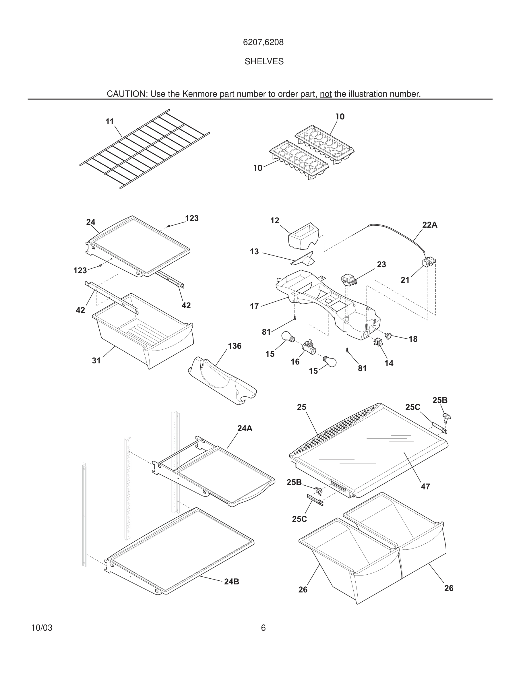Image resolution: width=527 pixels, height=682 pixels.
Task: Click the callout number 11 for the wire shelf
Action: [x=110, y=122]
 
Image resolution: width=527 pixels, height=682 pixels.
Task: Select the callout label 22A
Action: [x=430, y=225]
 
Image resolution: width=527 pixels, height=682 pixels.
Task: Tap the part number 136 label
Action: [x=235, y=346]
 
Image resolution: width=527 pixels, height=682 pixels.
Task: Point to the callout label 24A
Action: [x=245, y=429]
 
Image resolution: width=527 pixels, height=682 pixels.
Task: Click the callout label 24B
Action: [x=232, y=582]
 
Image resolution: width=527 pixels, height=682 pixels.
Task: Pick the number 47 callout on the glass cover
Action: [x=425, y=487]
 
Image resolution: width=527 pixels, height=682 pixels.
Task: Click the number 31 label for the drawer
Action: [x=96, y=361]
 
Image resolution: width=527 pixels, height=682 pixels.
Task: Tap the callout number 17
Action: [x=254, y=307]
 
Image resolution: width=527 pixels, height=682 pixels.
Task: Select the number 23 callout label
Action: [x=381, y=264]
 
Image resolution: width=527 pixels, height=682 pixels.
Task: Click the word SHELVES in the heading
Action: [x=264, y=61]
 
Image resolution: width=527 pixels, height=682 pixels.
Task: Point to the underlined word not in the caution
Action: [x=325, y=94]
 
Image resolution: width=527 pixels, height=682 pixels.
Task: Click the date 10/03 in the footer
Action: [x=42, y=628]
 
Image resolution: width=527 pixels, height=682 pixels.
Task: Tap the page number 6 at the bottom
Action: [x=263, y=628]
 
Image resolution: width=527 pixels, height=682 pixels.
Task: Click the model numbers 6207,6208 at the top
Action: [x=263, y=42]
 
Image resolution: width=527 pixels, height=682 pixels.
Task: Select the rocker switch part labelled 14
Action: [x=378, y=342]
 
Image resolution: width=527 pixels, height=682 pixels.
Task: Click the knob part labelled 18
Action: [x=388, y=336]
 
